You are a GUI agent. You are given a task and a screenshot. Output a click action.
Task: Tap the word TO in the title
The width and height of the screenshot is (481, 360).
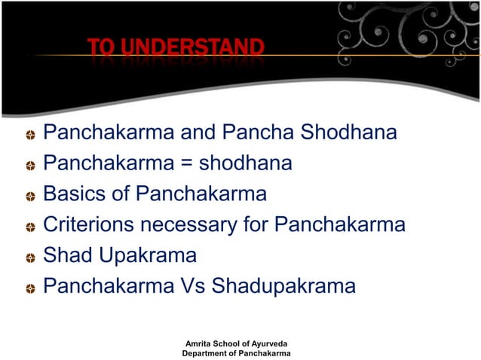pos(100,50)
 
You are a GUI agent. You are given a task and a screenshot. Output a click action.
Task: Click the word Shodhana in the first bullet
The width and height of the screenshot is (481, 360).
pos(349,133)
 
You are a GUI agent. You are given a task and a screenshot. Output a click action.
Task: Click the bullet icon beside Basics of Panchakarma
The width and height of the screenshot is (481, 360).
pos(28,197)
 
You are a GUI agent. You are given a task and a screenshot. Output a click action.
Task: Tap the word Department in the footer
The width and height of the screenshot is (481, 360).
pos(207,353)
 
